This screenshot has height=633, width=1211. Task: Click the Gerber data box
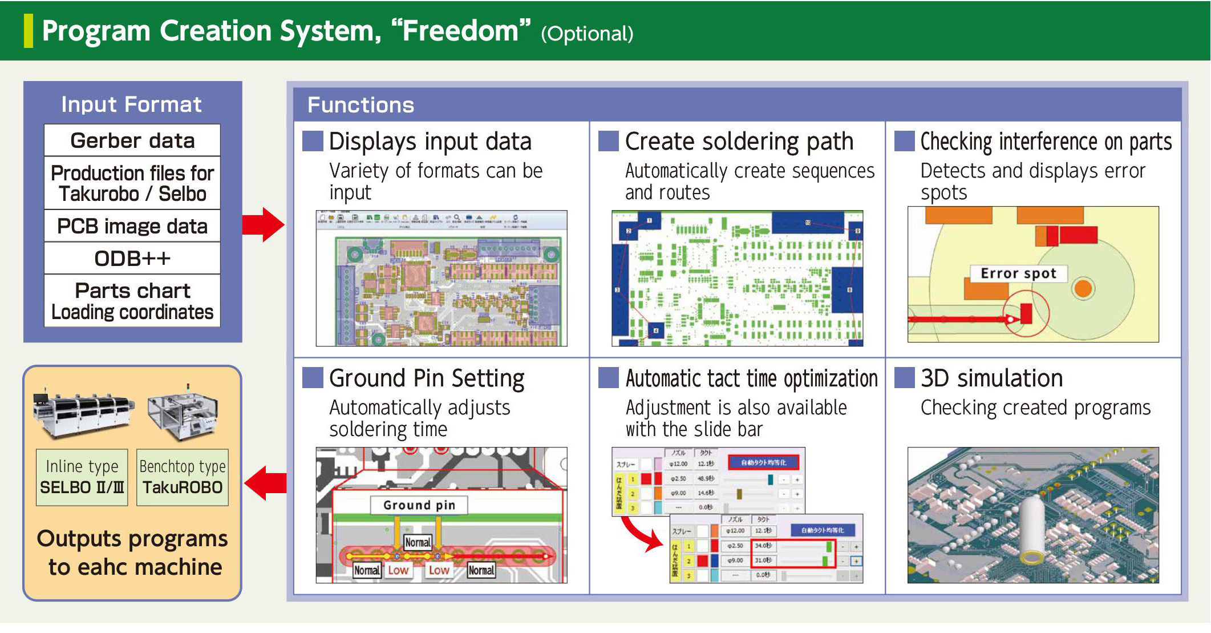point(132,140)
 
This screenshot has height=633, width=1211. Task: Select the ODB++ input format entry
point(132,259)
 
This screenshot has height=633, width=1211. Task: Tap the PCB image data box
point(132,226)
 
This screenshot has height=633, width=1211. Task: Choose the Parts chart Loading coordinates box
point(132,301)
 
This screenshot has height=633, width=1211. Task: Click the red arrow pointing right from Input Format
point(263,224)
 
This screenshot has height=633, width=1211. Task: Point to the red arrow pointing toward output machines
point(266,483)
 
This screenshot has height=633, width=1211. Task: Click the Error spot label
point(1018,273)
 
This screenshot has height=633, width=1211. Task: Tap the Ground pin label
point(419,505)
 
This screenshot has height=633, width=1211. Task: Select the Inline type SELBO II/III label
point(82,477)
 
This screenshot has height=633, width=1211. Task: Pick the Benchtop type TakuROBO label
point(183,477)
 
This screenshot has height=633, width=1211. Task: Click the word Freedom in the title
point(461,31)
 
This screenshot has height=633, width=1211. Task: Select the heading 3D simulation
point(992,378)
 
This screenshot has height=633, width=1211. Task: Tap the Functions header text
point(361,105)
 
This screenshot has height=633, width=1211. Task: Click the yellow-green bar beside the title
point(29,31)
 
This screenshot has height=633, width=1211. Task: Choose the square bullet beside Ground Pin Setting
point(313,378)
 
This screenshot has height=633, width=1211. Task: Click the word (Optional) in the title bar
point(587,34)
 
